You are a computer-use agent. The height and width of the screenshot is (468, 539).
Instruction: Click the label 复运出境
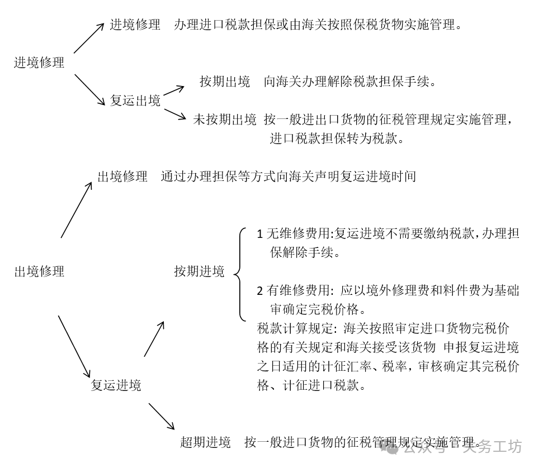tap(135, 101)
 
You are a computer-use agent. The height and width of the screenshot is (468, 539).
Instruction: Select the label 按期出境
tap(225, 82)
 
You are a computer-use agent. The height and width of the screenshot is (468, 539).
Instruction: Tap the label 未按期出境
tap(225, 120)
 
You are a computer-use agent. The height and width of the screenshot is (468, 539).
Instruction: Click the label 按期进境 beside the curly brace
tap(199, 271)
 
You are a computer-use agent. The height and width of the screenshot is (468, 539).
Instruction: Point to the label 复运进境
tap(116, 385)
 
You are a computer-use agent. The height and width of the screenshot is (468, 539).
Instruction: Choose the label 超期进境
tap(205, 442)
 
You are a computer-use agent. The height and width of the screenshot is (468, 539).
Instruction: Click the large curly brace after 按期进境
tap(240, 274)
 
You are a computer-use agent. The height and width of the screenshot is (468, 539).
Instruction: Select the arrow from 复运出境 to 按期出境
tap(173, 90)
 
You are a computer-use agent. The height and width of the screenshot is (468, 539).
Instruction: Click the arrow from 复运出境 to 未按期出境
tap(175, 114)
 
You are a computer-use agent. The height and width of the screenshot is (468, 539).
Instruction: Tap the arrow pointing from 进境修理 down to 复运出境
tap(89, 89)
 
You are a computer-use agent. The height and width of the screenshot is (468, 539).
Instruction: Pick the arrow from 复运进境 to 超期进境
tap(162, 417)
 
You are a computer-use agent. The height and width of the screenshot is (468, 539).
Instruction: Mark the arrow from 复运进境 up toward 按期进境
tap(154, 339)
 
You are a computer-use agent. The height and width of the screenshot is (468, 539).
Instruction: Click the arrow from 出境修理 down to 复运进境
tap(74, 347)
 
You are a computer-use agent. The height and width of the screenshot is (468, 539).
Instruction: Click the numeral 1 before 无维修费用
tap(260, 234)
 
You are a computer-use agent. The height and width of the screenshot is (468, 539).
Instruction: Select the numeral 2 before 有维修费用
tap(260, 291)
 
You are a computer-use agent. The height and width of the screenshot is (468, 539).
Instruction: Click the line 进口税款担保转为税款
tap(336, 139)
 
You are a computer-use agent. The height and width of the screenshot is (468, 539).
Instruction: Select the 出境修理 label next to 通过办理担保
tap(122, 176)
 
